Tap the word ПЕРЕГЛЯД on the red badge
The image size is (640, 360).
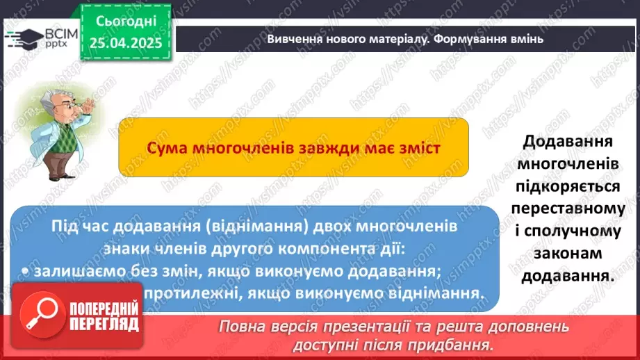pyautogui.click(x=104, y=325)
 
